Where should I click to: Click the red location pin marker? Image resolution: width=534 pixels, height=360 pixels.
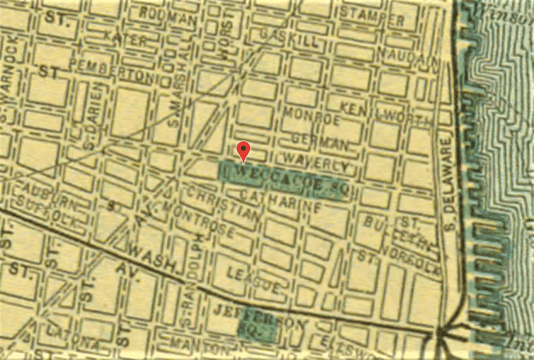pos(244,150)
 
